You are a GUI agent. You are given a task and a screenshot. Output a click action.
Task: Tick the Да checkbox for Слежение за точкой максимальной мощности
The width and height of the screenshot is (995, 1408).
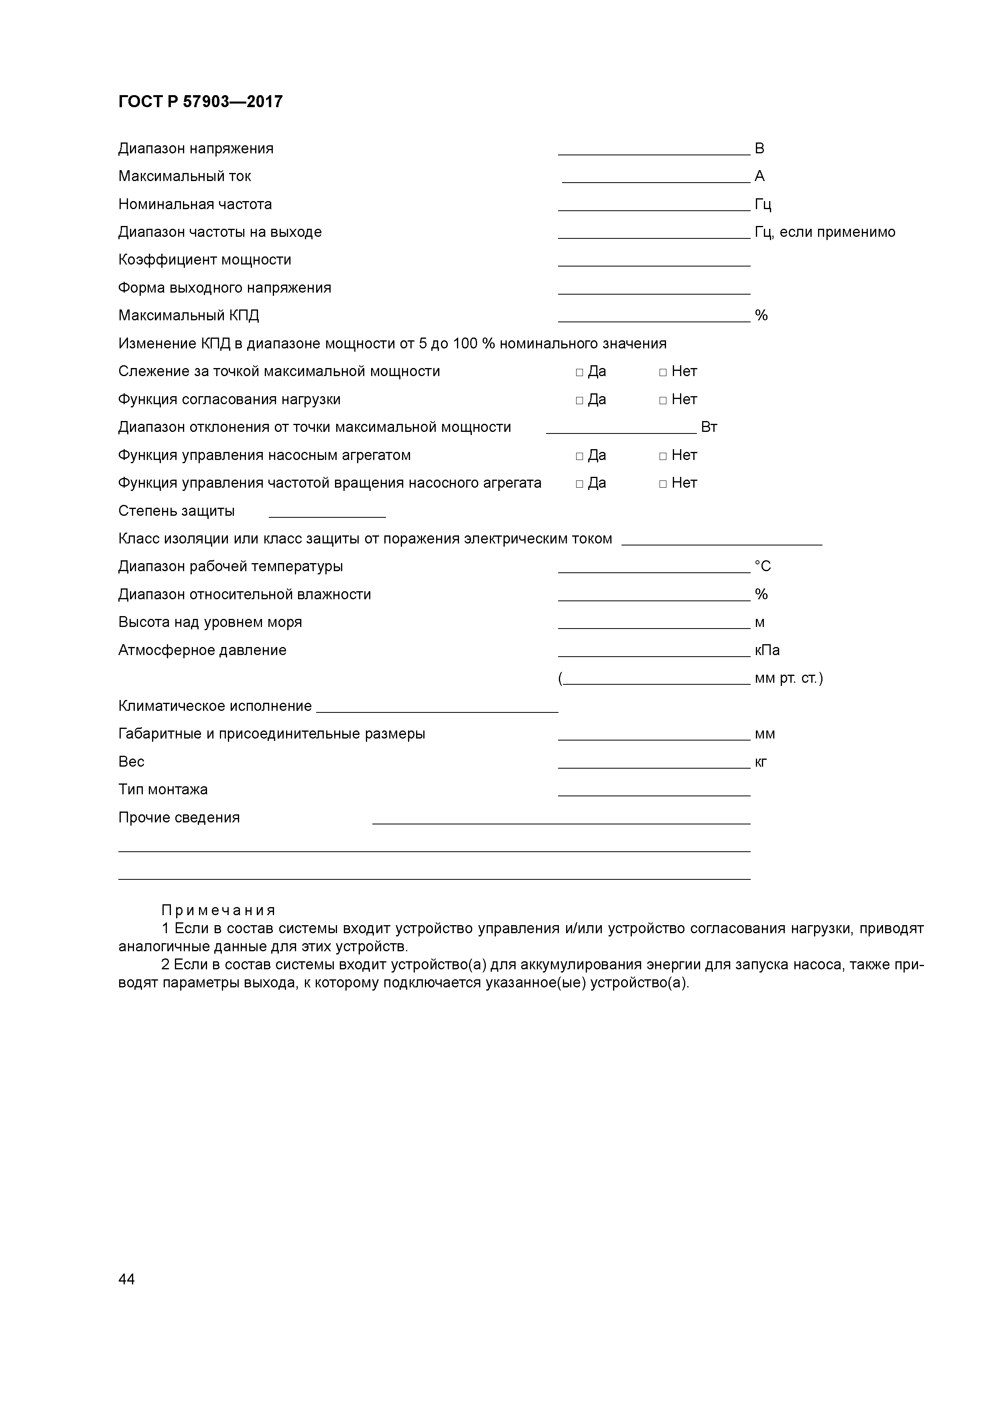click(579, 372)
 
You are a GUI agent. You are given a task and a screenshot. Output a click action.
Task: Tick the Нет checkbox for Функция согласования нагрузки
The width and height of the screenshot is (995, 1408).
click(663, 401)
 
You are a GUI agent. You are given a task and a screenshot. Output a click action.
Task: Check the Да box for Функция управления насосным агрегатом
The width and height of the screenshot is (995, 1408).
click(579, 456)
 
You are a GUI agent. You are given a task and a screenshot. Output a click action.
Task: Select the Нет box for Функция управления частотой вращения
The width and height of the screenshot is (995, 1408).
click(663, 484)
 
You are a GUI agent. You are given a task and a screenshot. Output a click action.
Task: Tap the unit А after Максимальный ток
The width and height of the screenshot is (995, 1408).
click(759, 177)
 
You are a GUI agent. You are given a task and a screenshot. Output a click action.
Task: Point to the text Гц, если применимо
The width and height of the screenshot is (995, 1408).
click(824, 232)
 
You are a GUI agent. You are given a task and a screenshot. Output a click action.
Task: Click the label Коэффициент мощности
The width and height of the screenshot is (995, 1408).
click(205, 260)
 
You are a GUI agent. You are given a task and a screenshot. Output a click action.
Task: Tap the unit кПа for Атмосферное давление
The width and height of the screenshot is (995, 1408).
click(767, 651)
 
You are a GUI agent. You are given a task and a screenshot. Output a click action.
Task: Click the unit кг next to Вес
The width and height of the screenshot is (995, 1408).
click(760, 762)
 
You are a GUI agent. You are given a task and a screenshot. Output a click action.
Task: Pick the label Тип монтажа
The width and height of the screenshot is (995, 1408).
click(162, 790)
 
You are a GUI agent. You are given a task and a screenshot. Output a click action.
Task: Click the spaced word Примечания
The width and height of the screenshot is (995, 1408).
click(218, 910)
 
